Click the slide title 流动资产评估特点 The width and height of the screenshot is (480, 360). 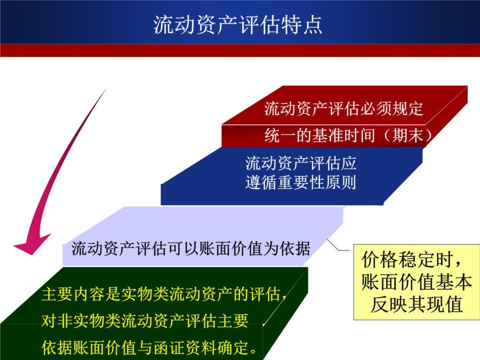click(x=237, y=25)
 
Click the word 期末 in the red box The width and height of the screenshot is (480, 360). click(x=408, y=135)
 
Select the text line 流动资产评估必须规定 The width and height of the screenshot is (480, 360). click(x=343, y=109)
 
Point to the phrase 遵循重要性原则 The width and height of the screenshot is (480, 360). click(x=301, y=183)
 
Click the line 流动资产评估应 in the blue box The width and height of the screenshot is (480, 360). click(x=301, y=163)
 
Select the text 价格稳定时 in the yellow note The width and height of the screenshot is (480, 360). click(x=407, y=260)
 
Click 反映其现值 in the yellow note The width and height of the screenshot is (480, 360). click(x=417, y=305)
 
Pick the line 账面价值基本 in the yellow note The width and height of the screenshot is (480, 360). click(x=417, y=282)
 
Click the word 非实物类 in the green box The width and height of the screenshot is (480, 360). click(x=81, y=321)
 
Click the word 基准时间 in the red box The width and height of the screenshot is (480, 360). click(x=343, y=135)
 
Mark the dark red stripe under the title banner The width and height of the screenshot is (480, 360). click(x=240, y=51)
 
